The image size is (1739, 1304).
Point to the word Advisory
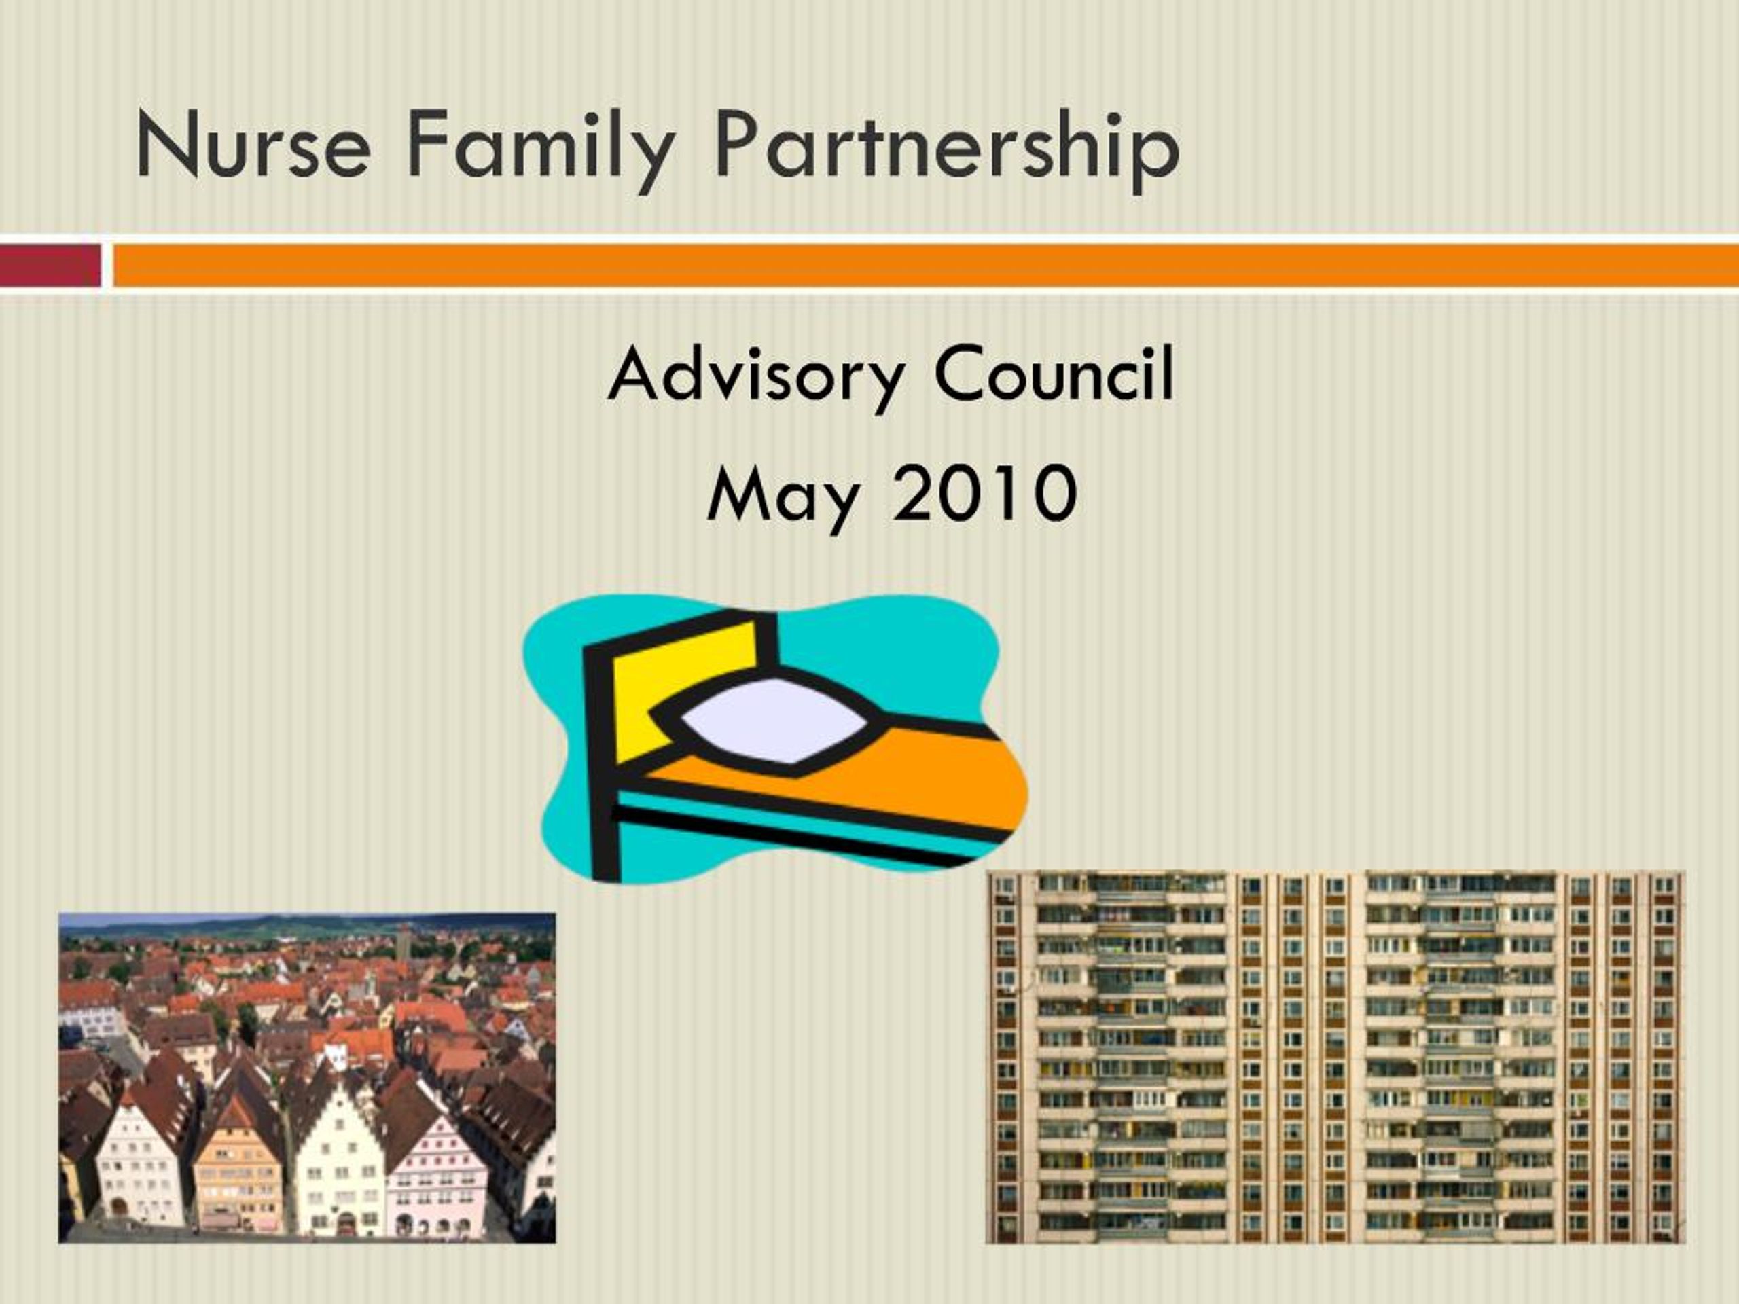point(755,376)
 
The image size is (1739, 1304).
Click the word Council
point(1054,375)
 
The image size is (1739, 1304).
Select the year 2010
point(985,493)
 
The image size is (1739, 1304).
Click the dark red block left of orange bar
point(50,265)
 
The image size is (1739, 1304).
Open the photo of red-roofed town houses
point(306,1077)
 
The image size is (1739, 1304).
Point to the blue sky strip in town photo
point(306,919)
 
